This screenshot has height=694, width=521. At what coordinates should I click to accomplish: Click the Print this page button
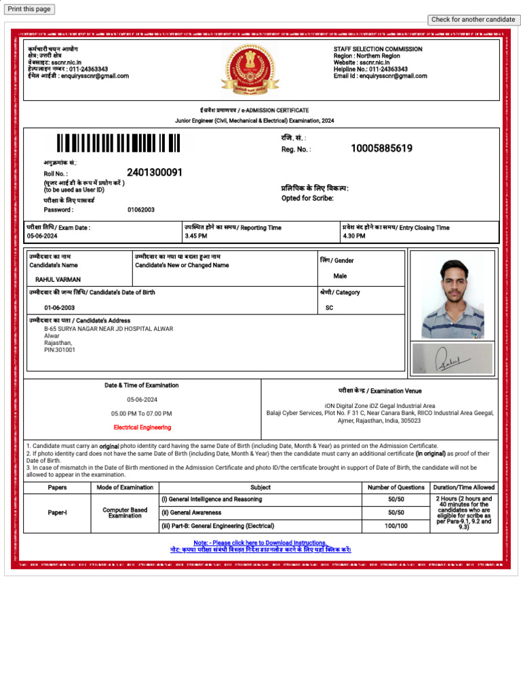pos(29,9)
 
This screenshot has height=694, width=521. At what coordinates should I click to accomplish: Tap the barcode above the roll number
pos(118,143)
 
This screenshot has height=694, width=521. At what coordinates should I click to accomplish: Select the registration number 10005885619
pos(381,148)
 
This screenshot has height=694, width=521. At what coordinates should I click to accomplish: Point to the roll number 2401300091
pos(155,173)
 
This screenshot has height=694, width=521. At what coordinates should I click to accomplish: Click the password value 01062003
pos(141,210)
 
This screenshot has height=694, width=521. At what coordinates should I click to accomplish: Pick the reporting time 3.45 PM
pos(196,236)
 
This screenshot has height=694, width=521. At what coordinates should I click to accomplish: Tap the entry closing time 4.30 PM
pos(354,236)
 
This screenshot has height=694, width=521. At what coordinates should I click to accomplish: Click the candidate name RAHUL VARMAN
pos(58,279)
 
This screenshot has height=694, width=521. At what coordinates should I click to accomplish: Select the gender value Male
pos(340,277)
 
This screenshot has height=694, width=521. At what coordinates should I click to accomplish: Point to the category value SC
pos(330,308)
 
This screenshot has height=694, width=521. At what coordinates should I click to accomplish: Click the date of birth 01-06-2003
pos(60,308)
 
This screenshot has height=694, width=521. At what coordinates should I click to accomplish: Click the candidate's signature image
pos(452,359)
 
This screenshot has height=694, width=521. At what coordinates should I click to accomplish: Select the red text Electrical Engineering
pos(142,428)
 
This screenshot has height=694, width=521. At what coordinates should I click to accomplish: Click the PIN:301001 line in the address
pos(60,350)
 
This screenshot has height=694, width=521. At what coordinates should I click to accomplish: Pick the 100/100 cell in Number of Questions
pos(395,526)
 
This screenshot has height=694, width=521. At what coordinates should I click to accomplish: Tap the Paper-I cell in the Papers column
pos(57,513)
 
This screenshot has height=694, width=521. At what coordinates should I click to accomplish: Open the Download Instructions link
pos(260,543)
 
